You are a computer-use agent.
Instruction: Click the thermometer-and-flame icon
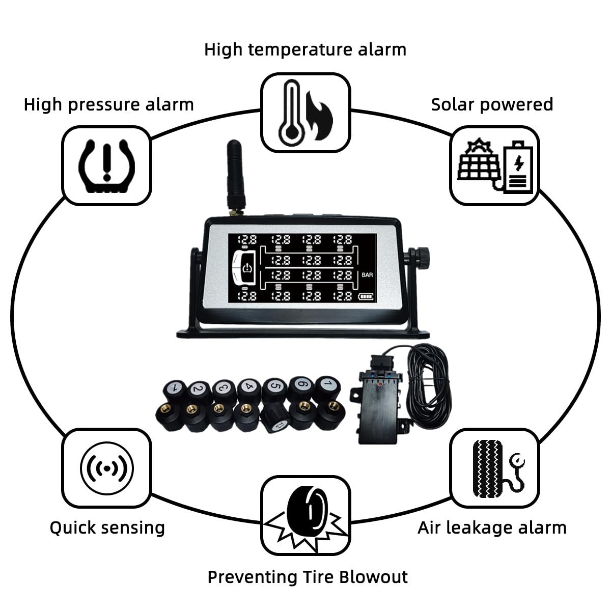[x=305, y=113]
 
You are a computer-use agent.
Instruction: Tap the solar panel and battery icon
[x=494, y=165]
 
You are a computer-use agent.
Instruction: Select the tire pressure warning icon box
[x=107, y=165]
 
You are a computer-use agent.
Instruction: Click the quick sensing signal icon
[x=107, y=467]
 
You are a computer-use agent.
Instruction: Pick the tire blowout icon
[x=305, y=515]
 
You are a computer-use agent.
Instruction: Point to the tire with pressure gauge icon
[x=494, y=467]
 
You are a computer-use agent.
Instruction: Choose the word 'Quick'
[x=73, y=527]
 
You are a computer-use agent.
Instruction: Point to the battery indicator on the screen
[x=366, y=296]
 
